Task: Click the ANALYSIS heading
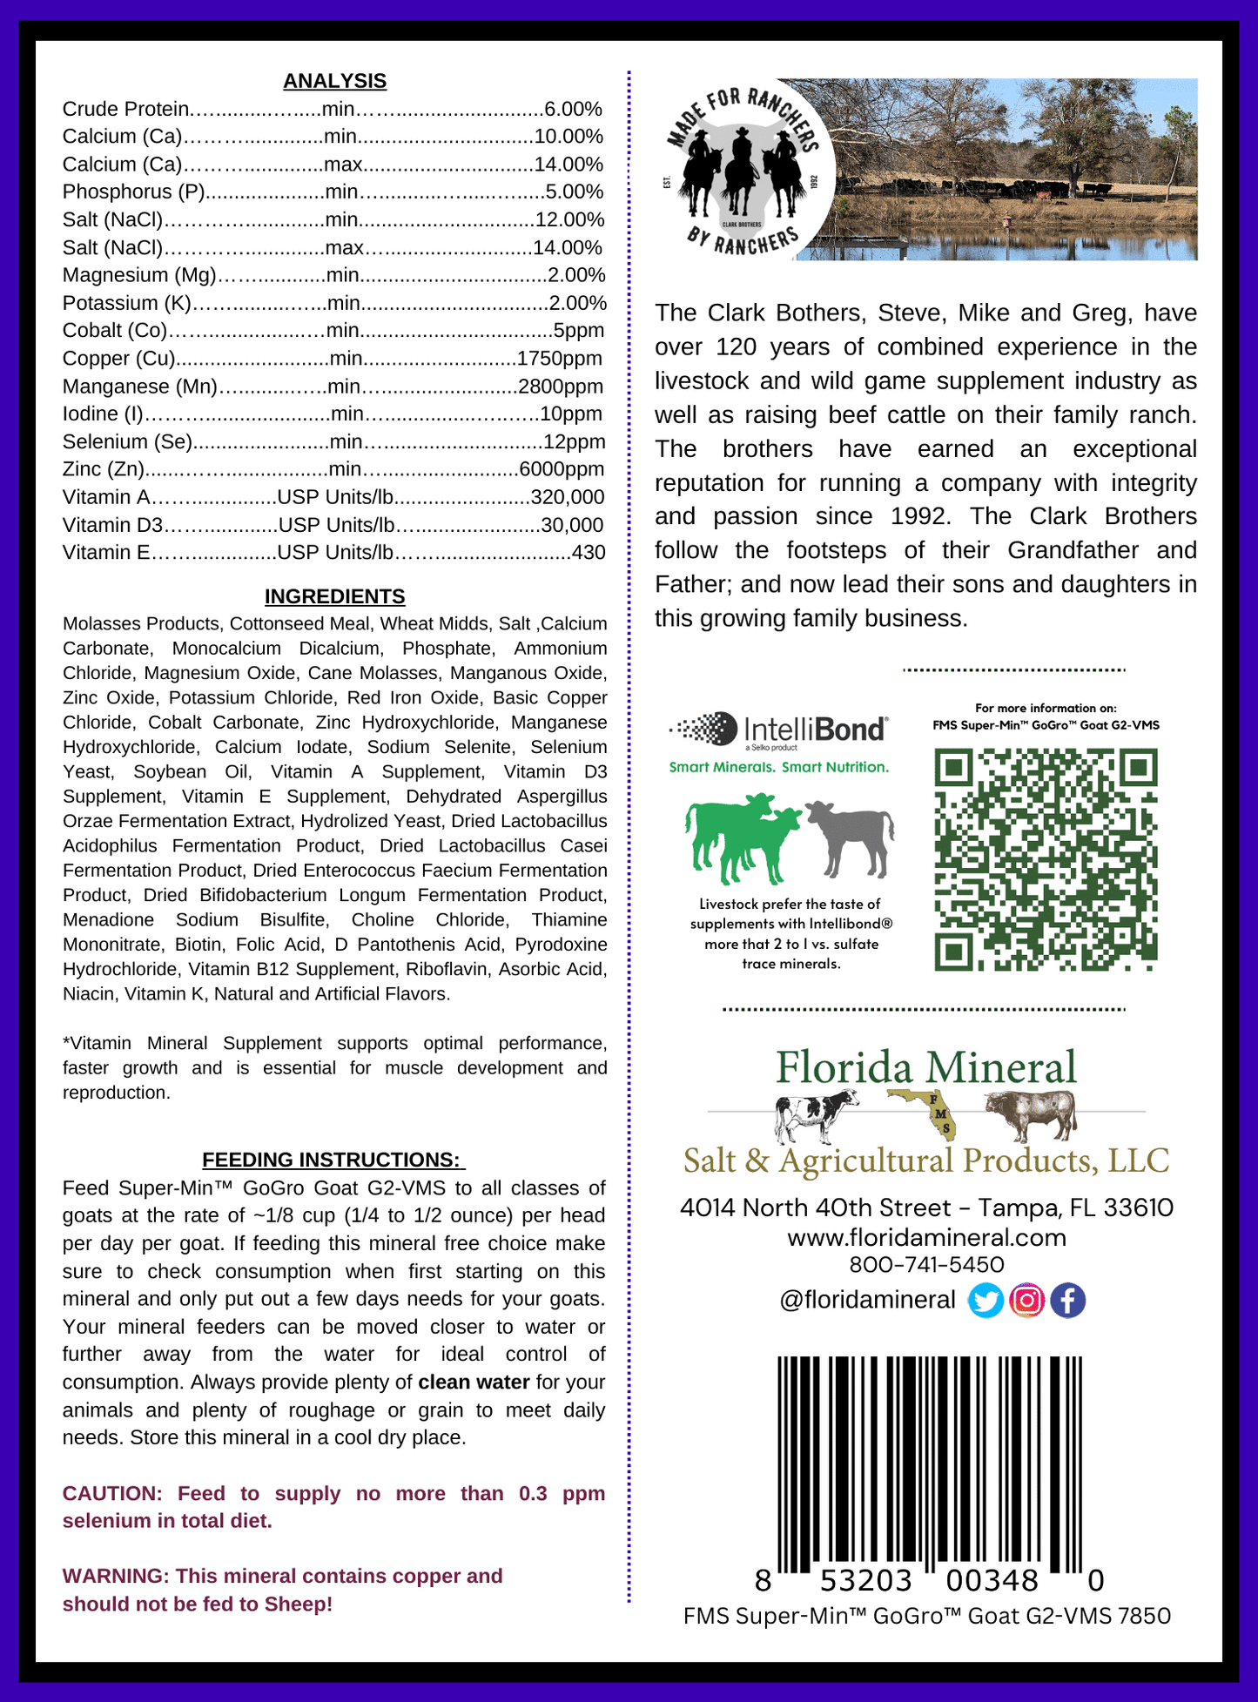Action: click(334, 81)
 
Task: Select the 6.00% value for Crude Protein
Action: click(573, 109)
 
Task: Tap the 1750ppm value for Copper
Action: click(559, 359)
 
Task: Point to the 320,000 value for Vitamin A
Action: click(568, 497)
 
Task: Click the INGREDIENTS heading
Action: click(334, 596)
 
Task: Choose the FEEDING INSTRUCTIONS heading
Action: click(332, 1160)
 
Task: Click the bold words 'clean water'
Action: click(474, 1382)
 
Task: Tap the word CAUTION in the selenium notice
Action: click(111, 1493)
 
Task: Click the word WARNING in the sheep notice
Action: click(114, 1576)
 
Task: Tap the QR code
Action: click(1046, 859)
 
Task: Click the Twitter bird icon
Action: click(986, 1301)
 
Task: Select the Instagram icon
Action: click(1026, 1301)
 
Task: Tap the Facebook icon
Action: click(1067, 1301)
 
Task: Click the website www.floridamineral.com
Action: click(926, 1237)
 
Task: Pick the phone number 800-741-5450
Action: click(926, 1264)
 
